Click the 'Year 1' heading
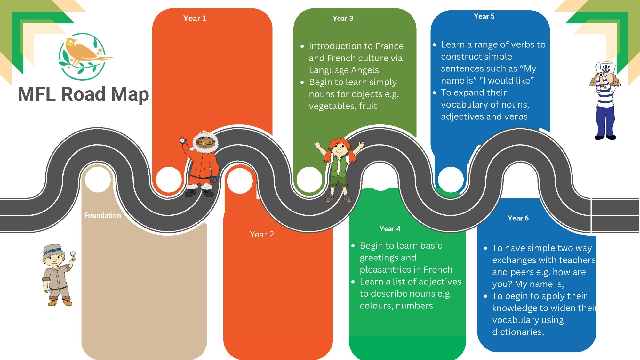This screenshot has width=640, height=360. coord(195,19)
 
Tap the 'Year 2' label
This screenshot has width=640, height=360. coord(262,235)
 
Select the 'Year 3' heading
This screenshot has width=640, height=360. coord(343,19)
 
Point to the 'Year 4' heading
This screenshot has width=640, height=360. coord(390,229)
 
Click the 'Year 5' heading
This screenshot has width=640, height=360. coord(484,16)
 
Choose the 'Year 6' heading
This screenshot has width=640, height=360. coord(518,218)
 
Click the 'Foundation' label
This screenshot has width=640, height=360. coord(102,215)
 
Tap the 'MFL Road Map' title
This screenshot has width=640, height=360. coord(83,94)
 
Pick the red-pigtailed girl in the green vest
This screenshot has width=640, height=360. coord(339,168)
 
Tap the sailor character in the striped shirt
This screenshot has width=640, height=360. coord(605,102)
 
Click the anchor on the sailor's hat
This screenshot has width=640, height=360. coord(606,68)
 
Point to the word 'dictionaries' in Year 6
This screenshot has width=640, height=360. coord(517,332)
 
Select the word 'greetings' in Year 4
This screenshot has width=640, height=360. coord(388,258)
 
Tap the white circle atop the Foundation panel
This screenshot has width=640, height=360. coord(98,179)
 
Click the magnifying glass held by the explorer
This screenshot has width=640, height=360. coord(73,254)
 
